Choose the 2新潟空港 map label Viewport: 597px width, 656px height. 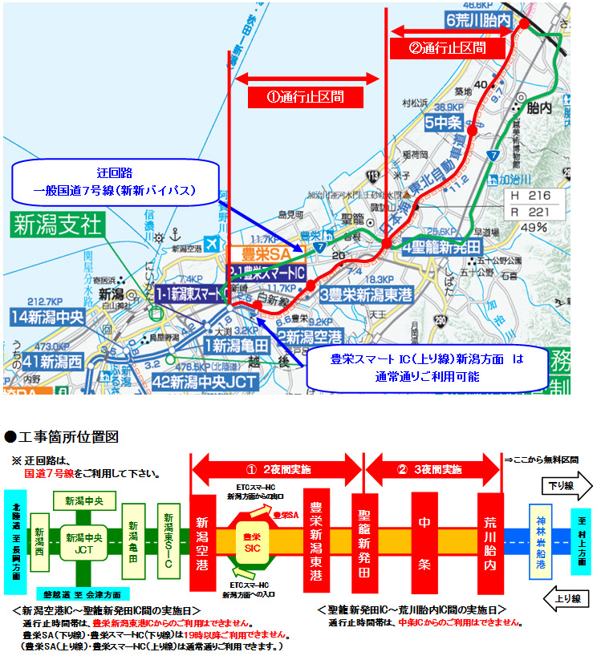(x=310, y=335)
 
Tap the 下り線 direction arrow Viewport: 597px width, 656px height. (x=566, y=485)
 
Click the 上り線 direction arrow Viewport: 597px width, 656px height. (x=566, y=598)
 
